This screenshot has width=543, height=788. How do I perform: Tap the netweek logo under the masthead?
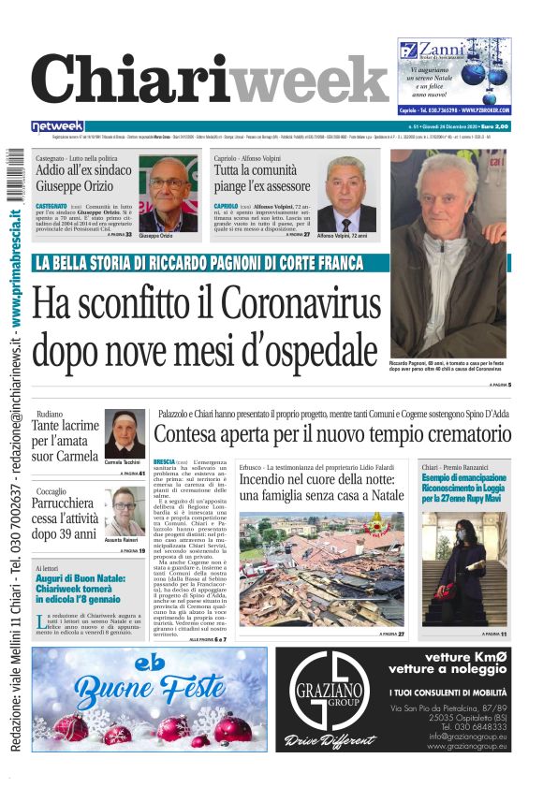click(57, 126)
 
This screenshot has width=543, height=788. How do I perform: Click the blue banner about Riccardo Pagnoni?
click(198, 263)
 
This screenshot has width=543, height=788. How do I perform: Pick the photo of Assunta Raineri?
click(125, 512)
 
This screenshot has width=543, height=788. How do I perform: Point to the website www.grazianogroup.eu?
click(468, 747)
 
